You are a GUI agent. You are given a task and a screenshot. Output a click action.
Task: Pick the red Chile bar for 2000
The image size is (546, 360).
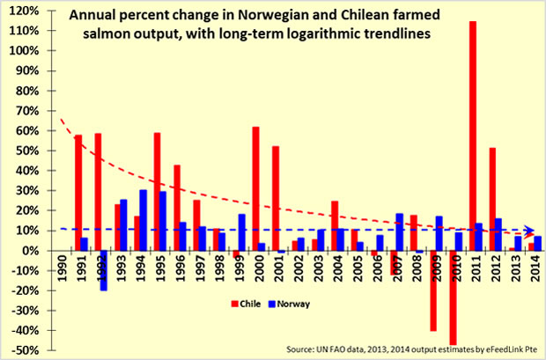coord(255,188)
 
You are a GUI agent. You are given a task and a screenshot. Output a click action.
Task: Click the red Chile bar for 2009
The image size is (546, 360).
coord(433,290)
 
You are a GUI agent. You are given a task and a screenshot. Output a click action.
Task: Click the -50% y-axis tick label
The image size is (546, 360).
coord(24,350)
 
